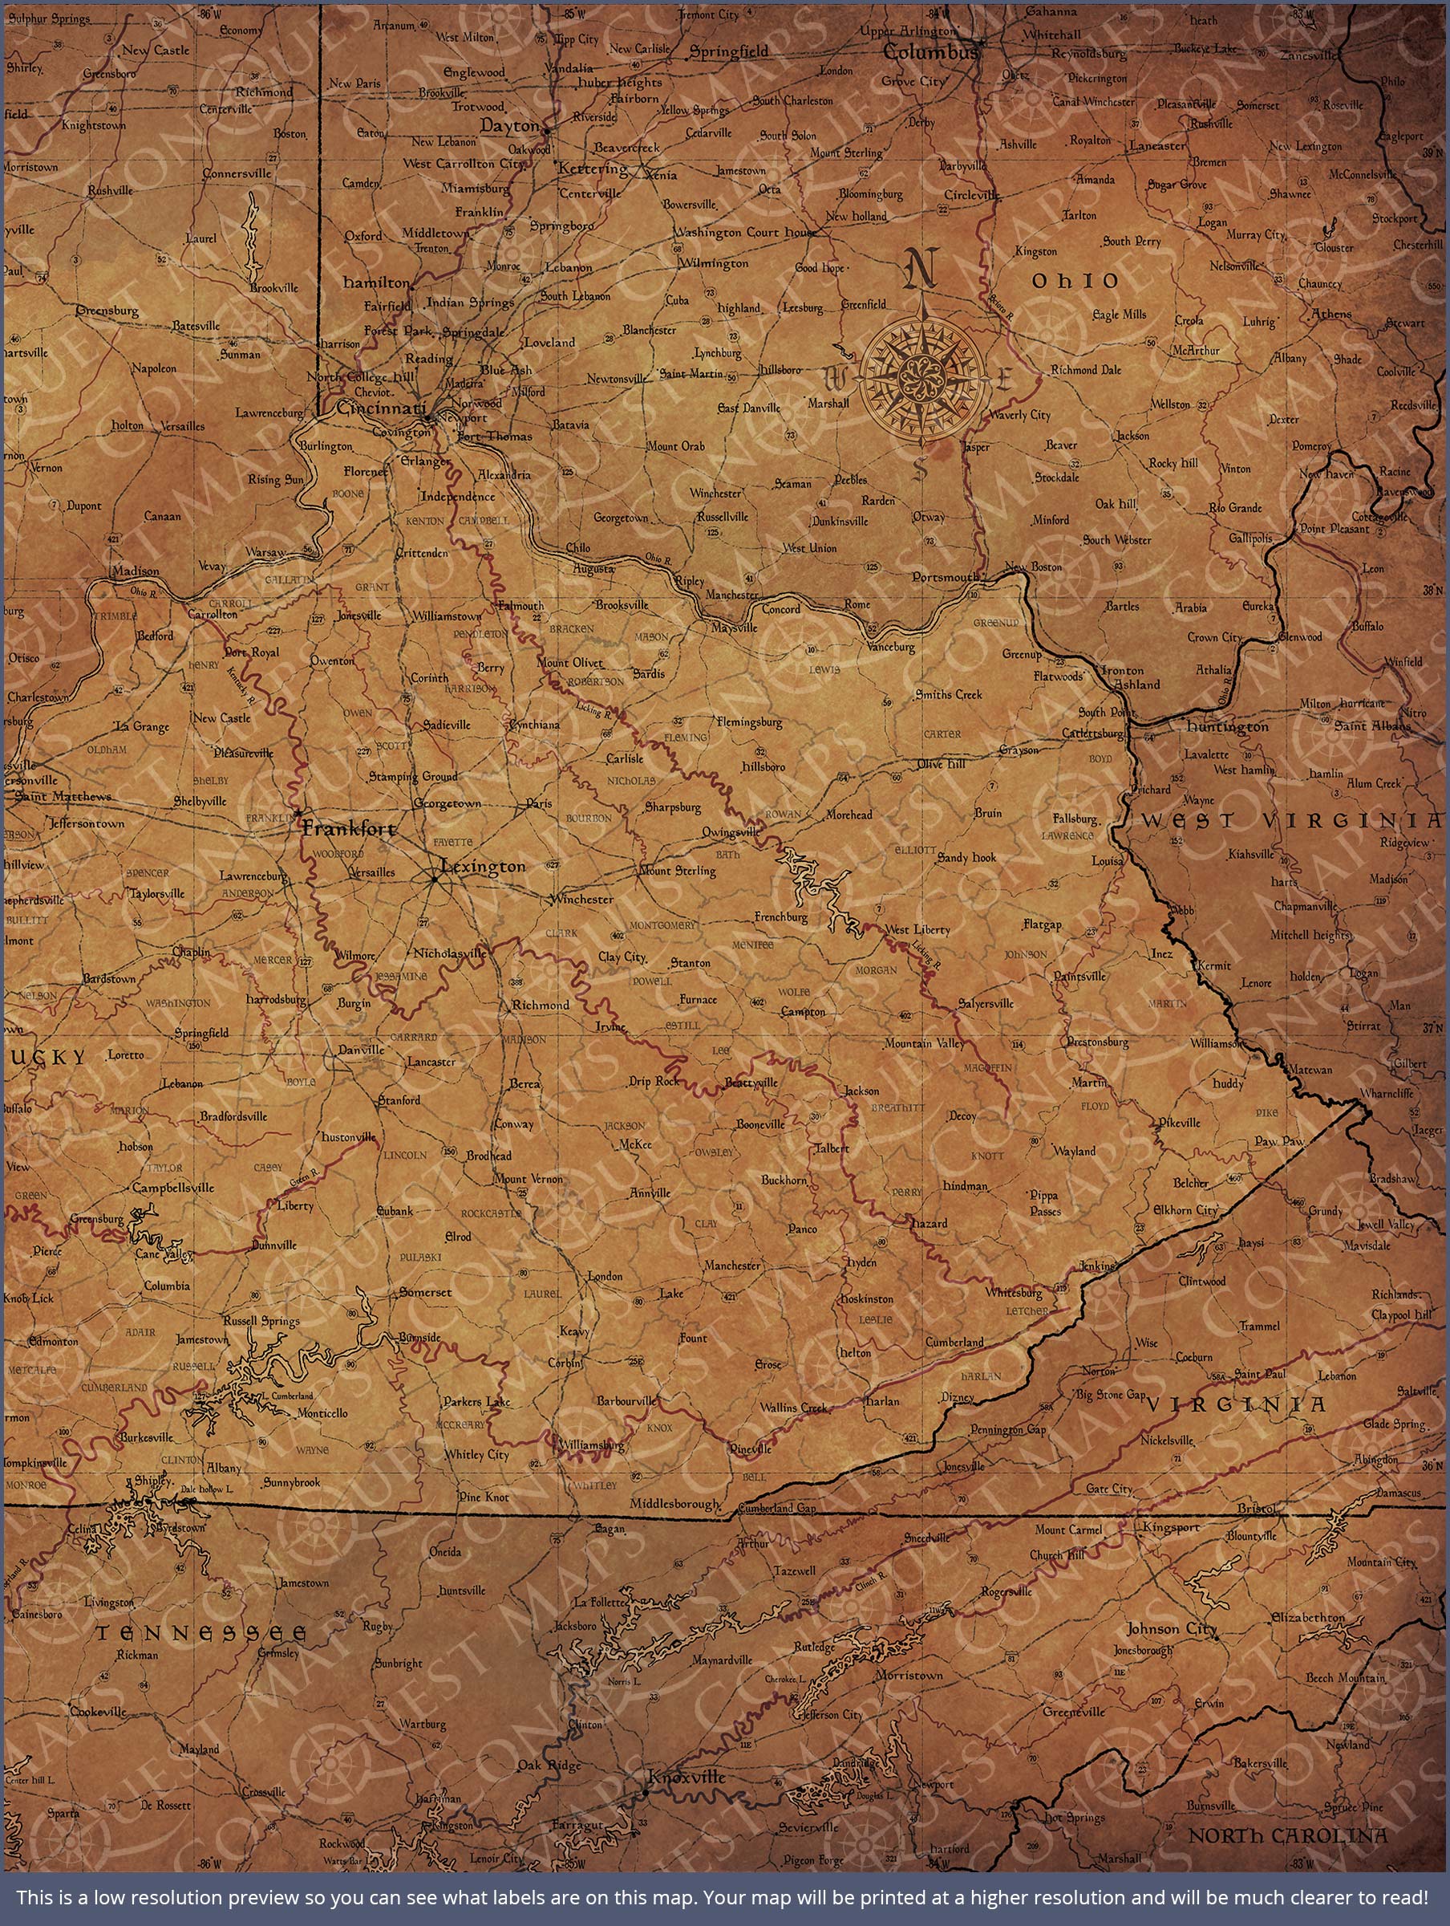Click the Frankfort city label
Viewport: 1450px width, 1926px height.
pos(349,829)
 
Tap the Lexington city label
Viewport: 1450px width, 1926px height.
pos(483,867)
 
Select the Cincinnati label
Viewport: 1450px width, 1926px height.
pos(381,408)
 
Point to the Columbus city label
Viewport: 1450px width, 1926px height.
pos(930,53)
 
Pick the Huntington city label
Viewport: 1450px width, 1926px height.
pos(1227,726)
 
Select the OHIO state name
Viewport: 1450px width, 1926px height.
pos(1075,281)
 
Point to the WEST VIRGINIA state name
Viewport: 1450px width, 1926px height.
pos(1290,820)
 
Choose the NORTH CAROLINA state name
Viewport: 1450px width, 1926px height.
pos(1288,1835)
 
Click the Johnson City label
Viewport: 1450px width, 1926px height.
pos(1172,1628)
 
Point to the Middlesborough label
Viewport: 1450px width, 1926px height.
pos(675,1504)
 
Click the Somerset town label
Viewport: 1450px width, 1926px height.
pos(426,1292)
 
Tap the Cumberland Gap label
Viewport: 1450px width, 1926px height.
pos(777,1508)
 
